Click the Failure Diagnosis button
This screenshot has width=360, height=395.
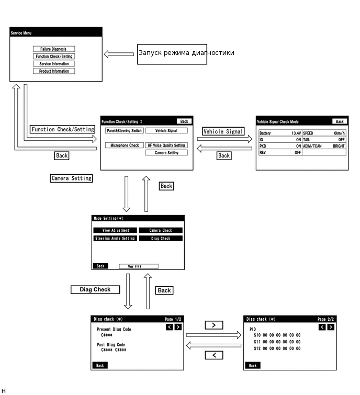(53, 49)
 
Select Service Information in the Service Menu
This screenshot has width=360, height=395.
(53, 64)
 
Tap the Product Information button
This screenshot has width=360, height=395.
(53, 71)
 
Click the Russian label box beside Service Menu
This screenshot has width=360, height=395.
(172, 53)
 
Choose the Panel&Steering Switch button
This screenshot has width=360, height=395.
(123, 131)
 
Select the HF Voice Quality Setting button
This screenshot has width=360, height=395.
(166, 145)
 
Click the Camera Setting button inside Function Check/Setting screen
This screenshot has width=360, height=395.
(166, 153)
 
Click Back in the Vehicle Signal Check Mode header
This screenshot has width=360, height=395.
(340, 121)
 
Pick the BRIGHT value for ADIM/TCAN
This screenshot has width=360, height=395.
(339, 146)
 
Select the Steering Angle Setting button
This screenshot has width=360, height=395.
(115, 239)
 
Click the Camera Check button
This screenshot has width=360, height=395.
(161, 230)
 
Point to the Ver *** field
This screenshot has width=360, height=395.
(138, 266)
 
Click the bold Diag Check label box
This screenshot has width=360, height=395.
(95, 289)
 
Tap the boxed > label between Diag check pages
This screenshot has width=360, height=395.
(213, 325)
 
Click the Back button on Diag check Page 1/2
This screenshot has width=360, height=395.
(100, 366)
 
